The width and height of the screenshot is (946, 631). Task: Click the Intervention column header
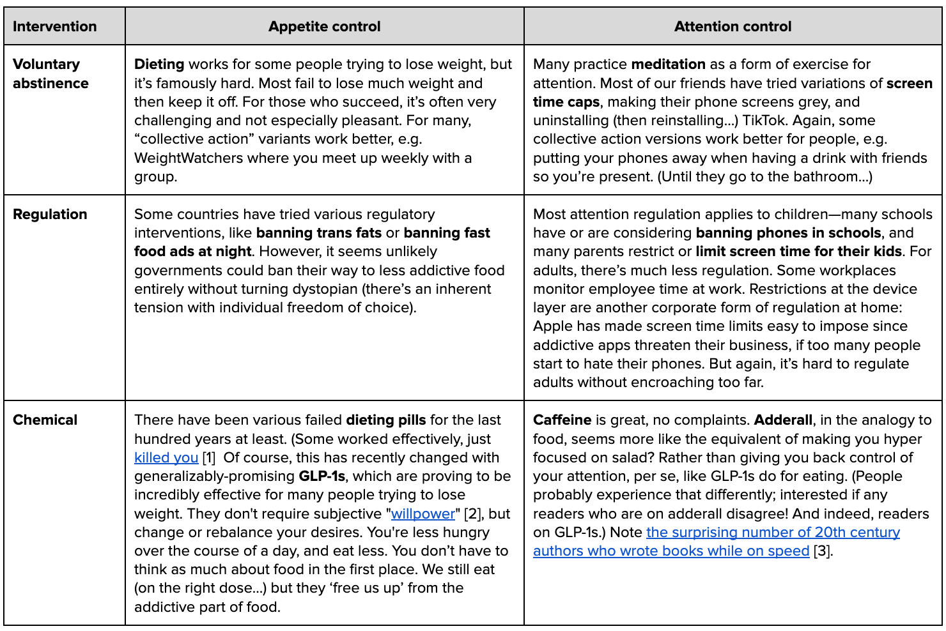(54, 26)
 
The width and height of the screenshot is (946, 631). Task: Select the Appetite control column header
(324, 26)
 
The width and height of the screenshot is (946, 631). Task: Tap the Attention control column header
(733, 26)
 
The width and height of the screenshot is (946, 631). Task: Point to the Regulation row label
(50, 214)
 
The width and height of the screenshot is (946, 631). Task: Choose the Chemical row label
(45, 420)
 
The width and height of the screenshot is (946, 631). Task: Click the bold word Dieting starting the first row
(159, 64)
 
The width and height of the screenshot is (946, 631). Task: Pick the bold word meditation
(668, 64)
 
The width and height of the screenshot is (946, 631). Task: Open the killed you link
(166, 457)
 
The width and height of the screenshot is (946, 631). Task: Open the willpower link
(423, 513)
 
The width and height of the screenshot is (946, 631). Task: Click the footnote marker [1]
(209, 457)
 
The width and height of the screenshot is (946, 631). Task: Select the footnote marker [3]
(823, 551)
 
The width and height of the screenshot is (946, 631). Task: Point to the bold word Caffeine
(562, 420)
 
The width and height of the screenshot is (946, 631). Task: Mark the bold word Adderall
(783, 420)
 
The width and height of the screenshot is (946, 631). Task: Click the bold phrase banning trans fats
(319, 232)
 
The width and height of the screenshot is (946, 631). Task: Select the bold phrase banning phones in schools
(788, 232)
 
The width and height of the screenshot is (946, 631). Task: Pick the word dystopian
(319, 289)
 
